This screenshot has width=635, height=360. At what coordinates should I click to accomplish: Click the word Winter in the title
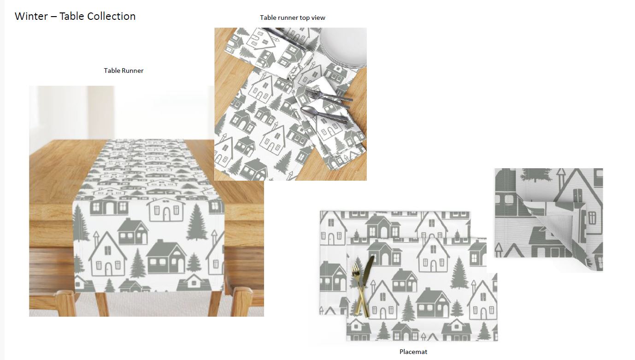(x=31, y=16)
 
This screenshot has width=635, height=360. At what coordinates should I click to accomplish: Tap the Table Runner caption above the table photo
(x=123, y=71)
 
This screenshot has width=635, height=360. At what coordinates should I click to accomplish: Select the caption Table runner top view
(x=293, y=18)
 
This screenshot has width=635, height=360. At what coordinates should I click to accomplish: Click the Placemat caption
(x=413, y=352)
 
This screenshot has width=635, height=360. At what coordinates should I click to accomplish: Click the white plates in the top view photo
(x=344, y=47)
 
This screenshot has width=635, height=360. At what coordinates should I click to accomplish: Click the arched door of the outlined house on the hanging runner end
(x=108, y=269)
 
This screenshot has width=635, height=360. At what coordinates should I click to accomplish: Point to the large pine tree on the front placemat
(x=459, y=273)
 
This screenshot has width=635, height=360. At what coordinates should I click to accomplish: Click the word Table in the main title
(x=71, y=16)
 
